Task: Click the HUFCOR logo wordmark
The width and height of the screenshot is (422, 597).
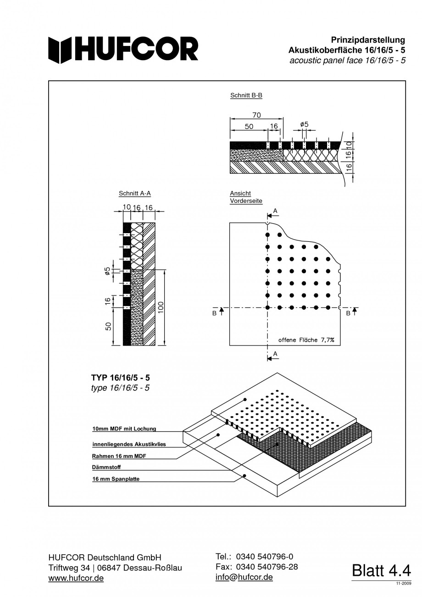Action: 124,49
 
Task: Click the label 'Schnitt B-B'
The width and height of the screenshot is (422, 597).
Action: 246,96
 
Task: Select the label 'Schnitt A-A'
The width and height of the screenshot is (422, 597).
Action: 134,194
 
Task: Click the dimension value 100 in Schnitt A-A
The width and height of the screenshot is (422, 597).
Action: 161,307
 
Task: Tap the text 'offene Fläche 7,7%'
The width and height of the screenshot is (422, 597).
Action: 306,340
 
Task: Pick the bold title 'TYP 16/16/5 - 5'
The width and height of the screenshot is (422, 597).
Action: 120,378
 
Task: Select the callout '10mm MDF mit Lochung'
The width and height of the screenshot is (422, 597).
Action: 124,429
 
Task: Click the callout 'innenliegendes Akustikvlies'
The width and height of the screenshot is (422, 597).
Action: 129,445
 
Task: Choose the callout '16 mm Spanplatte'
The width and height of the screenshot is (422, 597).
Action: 116,479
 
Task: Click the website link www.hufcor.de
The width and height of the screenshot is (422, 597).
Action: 76,578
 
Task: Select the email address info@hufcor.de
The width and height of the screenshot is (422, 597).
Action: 244,577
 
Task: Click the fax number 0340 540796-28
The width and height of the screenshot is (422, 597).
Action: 267,567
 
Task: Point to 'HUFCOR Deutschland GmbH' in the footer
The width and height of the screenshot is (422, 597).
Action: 105,557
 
